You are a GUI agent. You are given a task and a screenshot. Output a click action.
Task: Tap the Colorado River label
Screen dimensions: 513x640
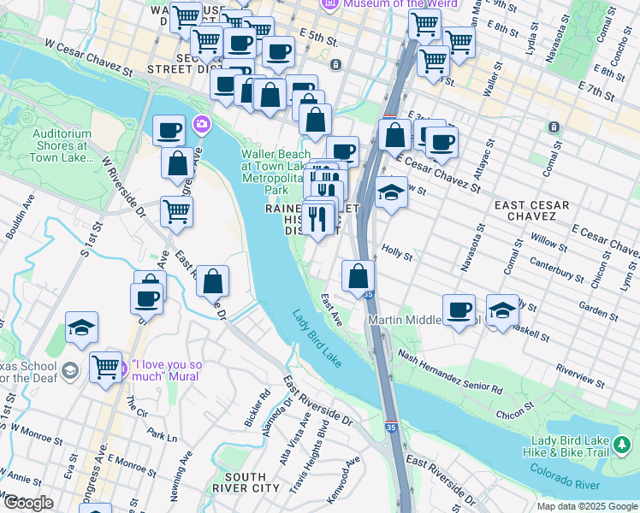(x=565, y=477)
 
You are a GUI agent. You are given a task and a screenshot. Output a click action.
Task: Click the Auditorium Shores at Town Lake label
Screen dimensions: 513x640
(x=62, y=146)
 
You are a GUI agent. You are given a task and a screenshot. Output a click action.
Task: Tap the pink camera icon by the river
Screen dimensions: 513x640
(x=202, y=125)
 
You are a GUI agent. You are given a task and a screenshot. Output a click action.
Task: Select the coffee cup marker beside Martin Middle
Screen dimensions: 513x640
(x=459, y=310)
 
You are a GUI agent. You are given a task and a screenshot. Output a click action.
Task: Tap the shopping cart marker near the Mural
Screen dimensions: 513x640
(x=105, y=368)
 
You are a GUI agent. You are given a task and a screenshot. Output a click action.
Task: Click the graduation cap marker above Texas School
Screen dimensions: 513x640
(x=81, y=327)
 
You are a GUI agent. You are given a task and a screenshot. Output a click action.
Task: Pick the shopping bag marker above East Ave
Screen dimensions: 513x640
(x=359, y=276)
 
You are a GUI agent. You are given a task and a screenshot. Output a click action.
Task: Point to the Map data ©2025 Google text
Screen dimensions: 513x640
(x=587, y=506)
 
